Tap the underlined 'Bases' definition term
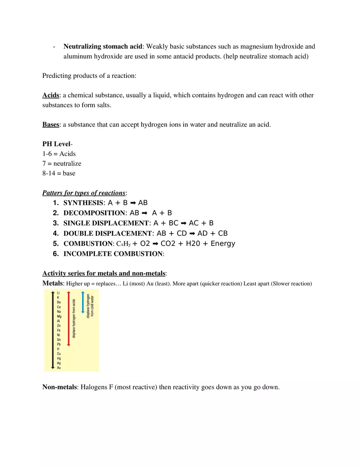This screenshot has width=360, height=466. [51, 124]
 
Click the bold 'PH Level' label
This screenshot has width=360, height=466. [56, 144]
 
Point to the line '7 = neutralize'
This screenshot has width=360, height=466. [62, 163]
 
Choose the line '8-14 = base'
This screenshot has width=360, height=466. [59, 173]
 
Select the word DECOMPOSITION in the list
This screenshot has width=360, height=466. [94, 213]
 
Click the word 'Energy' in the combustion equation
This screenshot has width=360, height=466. [223, 244]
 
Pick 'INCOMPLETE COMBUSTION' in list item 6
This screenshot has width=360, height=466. [113, 254]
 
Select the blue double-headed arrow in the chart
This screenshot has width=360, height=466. [83, 303]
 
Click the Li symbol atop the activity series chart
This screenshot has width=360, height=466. [59, 293]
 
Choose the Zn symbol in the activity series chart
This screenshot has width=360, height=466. [59, 326]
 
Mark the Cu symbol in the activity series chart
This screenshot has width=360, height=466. [59, 353]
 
